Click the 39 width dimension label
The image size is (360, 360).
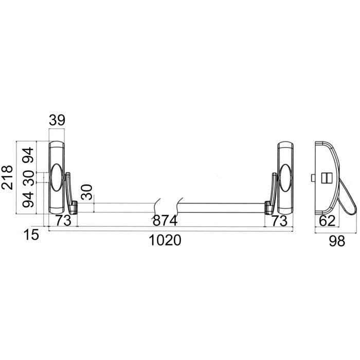click(57, 120)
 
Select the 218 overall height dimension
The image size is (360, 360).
click(7, 177)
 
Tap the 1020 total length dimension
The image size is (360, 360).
click(165, 240)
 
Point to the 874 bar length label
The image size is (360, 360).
click(165, 221)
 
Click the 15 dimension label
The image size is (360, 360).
click(31, 235)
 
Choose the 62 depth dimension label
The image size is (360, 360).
click(328, 221)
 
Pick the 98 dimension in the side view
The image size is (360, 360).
click(337, 241)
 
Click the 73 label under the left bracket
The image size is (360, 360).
click(64, 221)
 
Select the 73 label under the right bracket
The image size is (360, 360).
click(279, 221)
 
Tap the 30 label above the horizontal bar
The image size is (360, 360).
click(87, 192)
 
